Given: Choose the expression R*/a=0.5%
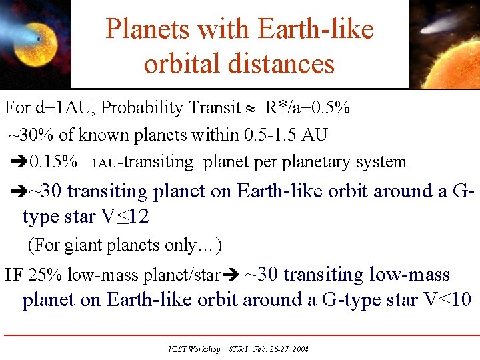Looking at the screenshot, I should coord(308,107).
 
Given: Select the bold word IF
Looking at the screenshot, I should coord(13,275).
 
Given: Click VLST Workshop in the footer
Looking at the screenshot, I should coord(194,349).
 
